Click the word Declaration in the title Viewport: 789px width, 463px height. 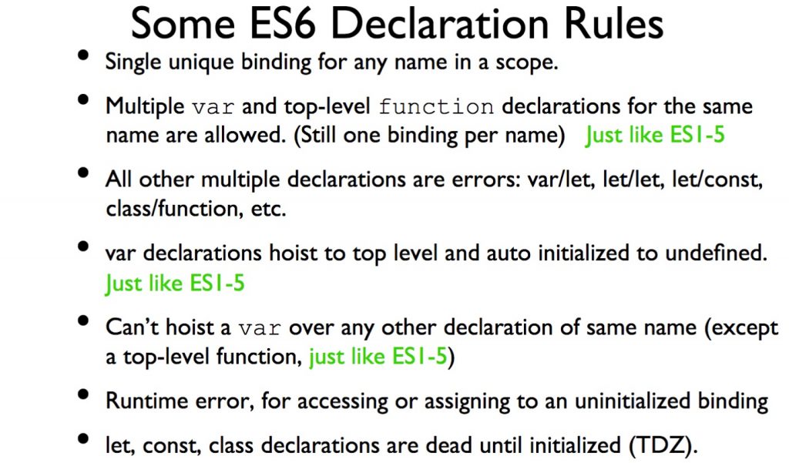coord(440,23)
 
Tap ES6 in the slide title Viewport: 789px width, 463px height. coord(283,23)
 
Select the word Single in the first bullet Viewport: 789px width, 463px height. coord(133,63)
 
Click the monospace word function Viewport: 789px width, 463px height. coord(436,106)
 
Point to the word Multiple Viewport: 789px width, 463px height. coord(145,106)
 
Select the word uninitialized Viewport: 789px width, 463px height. coord(633,401)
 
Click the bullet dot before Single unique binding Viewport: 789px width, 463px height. coord(83,55)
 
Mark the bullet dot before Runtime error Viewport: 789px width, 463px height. coord(83,394)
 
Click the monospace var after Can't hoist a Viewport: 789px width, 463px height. coord(260,328)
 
